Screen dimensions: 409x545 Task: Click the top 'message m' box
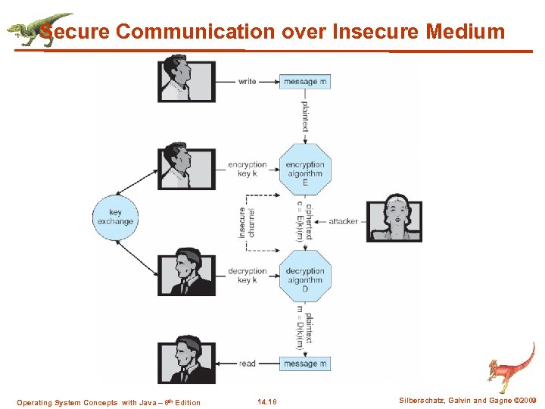pos(305,81)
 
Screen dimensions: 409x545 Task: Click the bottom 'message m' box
pos(305,364)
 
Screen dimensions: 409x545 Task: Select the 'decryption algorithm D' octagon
pos(304,276)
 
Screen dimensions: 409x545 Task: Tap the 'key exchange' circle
pos(115,217)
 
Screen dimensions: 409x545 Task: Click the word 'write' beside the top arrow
pos(247,81)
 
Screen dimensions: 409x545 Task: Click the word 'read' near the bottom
pos(248,364)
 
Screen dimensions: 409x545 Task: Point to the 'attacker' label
pos(343,221)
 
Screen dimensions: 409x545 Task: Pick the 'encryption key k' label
pos(248,169)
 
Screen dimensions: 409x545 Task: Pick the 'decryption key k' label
pos(248,276)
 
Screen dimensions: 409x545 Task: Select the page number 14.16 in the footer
pos(267,402)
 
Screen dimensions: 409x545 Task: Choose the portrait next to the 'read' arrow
pos(186,357)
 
